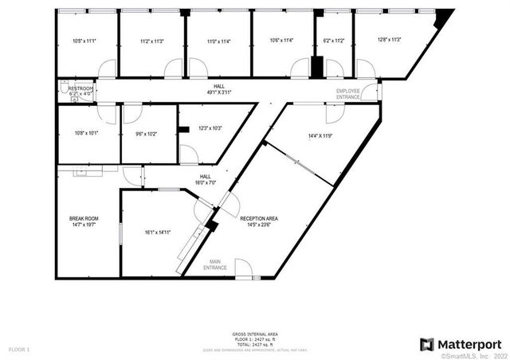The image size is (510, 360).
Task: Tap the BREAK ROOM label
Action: point(84,221)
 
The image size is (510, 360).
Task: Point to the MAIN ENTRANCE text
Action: point(215,264)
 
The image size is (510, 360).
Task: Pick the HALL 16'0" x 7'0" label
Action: point(205,179)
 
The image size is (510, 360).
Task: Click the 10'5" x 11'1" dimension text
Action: point(84,41)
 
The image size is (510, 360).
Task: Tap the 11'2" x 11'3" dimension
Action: point(151,41)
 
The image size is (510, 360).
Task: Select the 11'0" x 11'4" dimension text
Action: point(218,41)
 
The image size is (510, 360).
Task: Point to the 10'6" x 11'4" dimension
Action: point(281,41)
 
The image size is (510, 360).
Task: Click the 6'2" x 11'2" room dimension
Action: point(334,41)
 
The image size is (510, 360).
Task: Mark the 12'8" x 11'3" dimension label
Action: point(390,39)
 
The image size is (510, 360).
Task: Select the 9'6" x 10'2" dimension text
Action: point(146,134)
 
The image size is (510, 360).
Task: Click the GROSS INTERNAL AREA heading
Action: point(255,334)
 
